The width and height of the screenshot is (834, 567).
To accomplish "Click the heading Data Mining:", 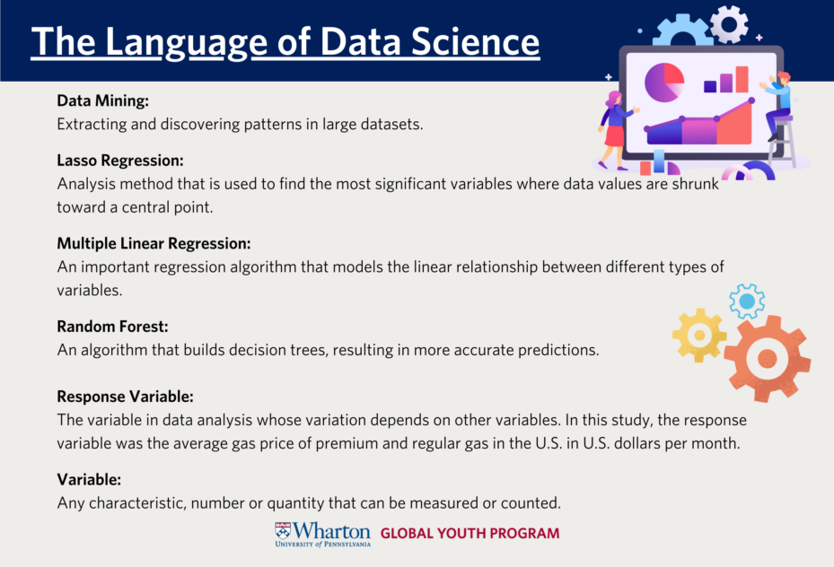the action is click(x=102, y=100).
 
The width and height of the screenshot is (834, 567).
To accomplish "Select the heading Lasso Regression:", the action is click(x=120, y=161).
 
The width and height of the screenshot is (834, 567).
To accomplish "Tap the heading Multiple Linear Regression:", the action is click(x=154, y=243).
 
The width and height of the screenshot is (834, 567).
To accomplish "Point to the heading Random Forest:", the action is click(x=112, y=327).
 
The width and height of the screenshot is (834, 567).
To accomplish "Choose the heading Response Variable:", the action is click(x=125, y=397).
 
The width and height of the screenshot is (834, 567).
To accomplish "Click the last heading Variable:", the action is click(x=89, y=479).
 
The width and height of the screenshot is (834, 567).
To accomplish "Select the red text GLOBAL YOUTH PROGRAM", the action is click(x=470, y=533).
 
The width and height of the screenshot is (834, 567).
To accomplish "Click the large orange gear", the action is click(x=767, y=359).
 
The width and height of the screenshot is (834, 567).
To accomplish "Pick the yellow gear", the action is click(x=699, y=336).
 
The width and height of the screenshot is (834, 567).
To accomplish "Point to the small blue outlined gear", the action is click(x=747, y=301).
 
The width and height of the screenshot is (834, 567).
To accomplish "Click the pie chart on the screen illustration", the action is click(x=664, y=83).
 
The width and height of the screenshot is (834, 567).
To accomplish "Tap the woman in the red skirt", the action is click(x=615, y=131).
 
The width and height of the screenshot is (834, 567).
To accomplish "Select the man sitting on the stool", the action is click(x=777, y=106).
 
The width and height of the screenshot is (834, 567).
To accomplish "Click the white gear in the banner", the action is click(x=729, y=24).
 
